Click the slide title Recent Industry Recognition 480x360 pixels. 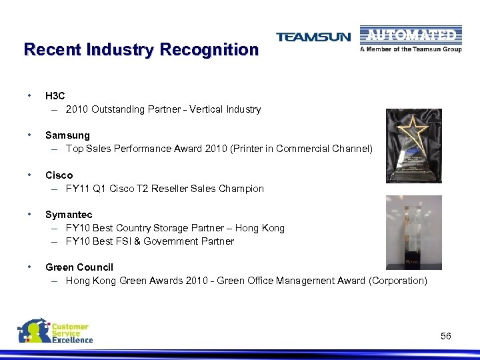click(x=141, y=49)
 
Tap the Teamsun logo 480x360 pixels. click(x=313, y=37)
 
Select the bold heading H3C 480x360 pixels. click(x=55, y=96)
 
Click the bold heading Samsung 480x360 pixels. click(x=67, y=135)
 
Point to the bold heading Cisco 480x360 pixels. click(x=59, y=175)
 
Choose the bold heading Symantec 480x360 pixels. click(x=69, y=215)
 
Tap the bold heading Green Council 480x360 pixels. click(x=79, y=267)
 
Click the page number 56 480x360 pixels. click(x=446, y=336)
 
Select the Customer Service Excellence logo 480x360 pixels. click(x=55, y=331)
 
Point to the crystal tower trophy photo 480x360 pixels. click(x=414, y=231)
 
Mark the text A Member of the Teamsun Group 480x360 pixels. click(x=411, y=49)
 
